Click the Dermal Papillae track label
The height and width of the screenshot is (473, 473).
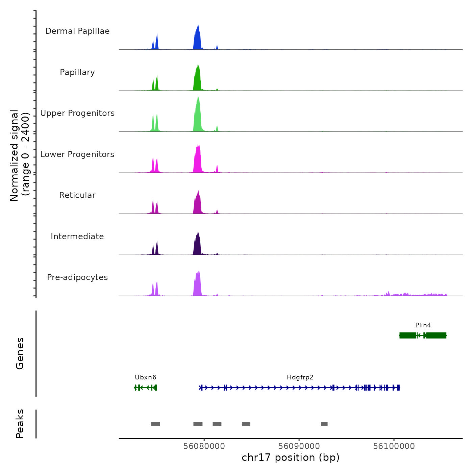pos(77,31)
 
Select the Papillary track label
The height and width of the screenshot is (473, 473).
pos(77,72)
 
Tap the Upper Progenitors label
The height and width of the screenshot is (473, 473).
pos(77,113)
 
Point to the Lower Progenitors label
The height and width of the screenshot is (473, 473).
pos(77,154)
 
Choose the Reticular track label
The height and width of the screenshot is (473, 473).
pos(77,195)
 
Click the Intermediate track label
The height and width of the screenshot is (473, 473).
pos(77,236)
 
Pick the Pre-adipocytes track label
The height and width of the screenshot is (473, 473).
pos(77,277)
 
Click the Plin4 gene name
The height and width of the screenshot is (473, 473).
pos(423,325)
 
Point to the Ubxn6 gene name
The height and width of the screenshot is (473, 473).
pos(146,377)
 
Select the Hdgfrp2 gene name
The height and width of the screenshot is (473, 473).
pos(300,377)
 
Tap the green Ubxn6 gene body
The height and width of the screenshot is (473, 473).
pos(146,388)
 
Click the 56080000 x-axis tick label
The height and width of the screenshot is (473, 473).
pos(204,446)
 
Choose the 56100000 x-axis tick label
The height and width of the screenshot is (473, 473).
pos(394,446)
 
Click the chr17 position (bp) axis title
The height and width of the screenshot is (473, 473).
pos(291,457)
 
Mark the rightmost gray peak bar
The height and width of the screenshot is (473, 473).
pos(324,424)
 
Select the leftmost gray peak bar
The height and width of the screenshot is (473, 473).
pos(155,424)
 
